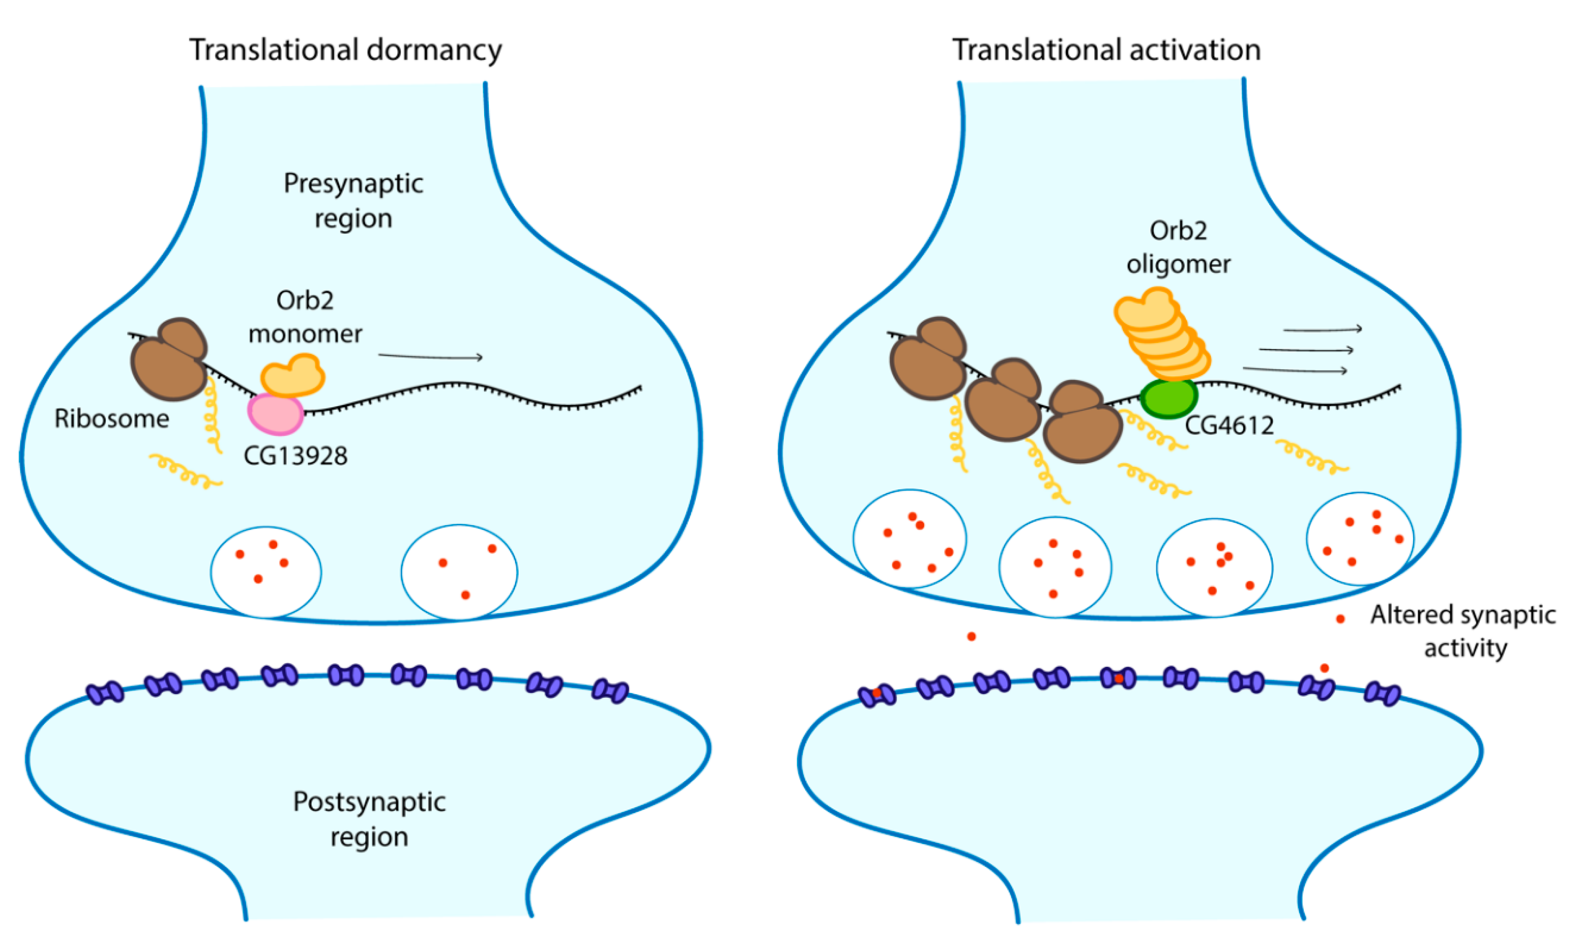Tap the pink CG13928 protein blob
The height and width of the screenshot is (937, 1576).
coord(276,414)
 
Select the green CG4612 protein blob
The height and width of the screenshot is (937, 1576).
coord(1168,398)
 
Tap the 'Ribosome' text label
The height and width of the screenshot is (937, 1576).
coord(112,419)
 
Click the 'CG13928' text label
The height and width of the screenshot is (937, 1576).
coord(295,456)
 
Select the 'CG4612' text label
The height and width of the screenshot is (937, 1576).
coord(1228,425)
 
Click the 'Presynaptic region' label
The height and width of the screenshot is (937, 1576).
coord(353,201)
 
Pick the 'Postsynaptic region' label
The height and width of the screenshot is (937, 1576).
coord(369,819)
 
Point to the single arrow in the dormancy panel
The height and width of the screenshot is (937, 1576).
coord(431,357)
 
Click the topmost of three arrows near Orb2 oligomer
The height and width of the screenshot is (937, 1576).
coord(1322,329)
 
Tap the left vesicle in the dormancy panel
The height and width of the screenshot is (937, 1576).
coord(266,571)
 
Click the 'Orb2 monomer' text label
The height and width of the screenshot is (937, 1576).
coord(305,317)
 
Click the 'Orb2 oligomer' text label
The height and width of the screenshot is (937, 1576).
coord(1178,247)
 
